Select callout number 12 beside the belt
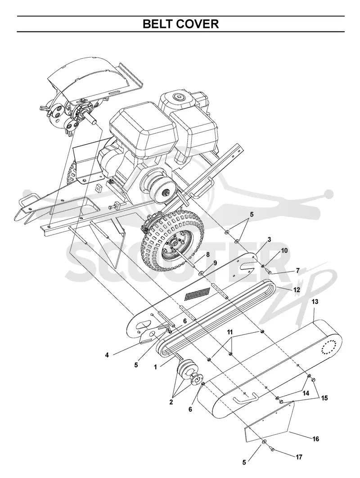point(297,289)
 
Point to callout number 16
point(315,439)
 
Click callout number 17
point(299,457)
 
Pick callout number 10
point(284,251)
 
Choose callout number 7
point(298,270)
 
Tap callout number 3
point(269,239)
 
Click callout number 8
point(207,254)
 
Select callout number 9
point(215,263)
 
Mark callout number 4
point(107,355)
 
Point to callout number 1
point(155,367)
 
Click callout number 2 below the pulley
point(171,402)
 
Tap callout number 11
point(230,332)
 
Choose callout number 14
point(306,393)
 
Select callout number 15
point(324,398)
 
